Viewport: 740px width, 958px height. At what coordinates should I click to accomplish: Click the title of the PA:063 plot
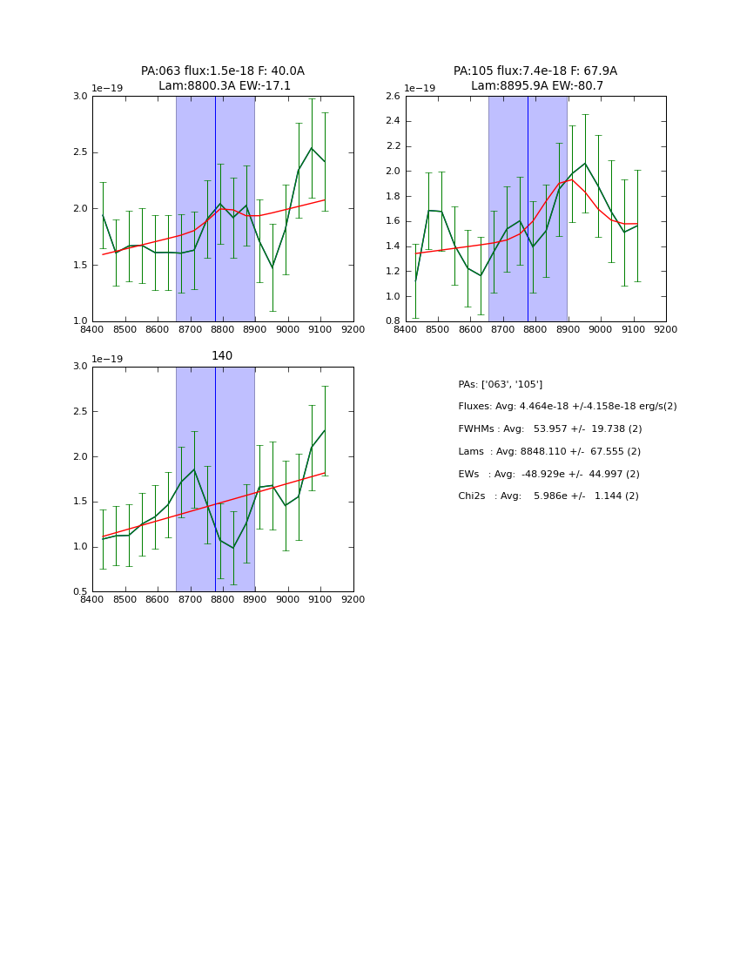[x=223, y=78]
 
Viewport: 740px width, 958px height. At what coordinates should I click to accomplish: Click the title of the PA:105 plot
[x=535, y=78]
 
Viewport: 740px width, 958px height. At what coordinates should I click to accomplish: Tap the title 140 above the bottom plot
[x=222, y=356]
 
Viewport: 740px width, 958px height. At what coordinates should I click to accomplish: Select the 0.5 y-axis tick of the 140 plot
[x=80, y=592]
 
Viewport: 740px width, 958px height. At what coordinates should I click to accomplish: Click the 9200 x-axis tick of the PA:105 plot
[x=666, y=330]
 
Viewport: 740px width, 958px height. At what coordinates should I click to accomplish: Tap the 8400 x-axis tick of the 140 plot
[x=92, y=600]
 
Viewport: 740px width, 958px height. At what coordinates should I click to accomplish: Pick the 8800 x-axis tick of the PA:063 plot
[x=223, y=330]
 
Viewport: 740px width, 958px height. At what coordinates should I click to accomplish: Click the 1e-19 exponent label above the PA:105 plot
[x=420, y=89]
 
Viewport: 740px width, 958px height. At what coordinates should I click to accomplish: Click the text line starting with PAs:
[x=500, y=384]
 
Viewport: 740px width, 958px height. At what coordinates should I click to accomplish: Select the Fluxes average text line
[x=567, y=407]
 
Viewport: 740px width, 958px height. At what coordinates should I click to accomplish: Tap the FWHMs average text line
[x=549, y=429]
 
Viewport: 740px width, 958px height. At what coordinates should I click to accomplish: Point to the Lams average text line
[x=549, y=452]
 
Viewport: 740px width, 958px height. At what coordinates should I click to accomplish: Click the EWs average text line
[x=549, y=474]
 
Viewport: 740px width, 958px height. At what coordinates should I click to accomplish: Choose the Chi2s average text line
[x=548, y=496]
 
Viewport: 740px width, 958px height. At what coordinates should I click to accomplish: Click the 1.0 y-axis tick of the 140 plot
[x=80, y=547]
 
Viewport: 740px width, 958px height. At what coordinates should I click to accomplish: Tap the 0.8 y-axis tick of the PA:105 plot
[x=393, y=321]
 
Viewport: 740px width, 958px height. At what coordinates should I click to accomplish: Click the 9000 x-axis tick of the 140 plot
[x=288, y=600]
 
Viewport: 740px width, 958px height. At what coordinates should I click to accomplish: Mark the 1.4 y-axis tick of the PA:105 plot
[x=393, y=246]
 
